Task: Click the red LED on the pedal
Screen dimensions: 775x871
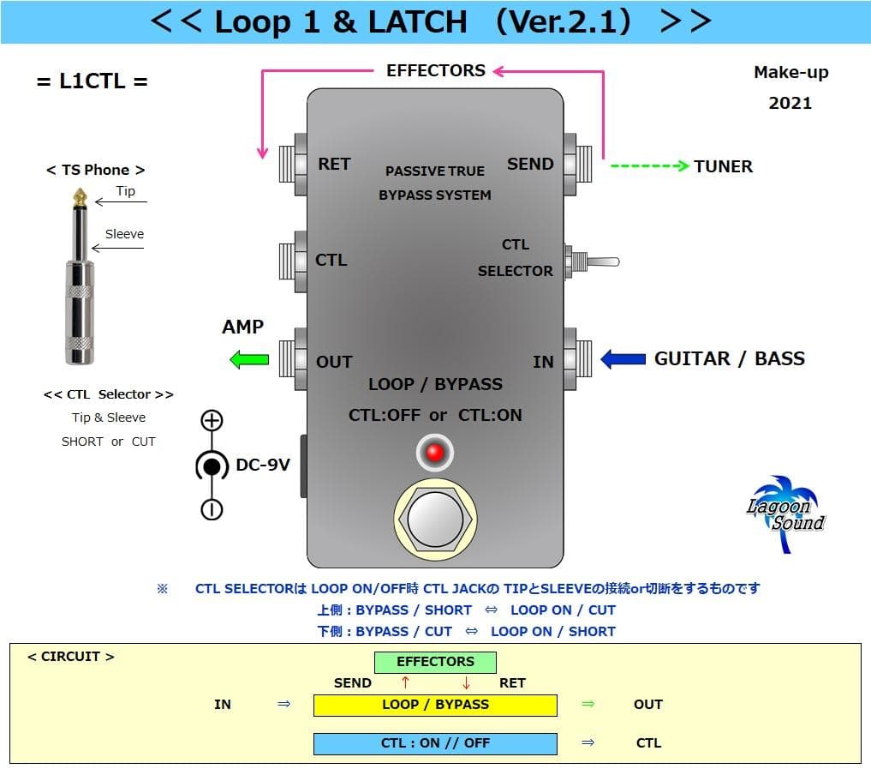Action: [435, 453]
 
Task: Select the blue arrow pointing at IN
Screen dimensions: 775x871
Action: [623, 358]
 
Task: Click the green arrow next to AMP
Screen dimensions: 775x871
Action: [249, 358]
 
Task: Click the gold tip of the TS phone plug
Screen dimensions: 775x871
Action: [80, 196]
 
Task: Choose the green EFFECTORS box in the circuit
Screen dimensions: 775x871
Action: [435, 662]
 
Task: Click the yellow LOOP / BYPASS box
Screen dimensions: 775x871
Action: [435, 705]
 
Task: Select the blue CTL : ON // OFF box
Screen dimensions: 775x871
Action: [435, 743]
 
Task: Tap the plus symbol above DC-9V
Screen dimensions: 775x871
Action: [212, 420]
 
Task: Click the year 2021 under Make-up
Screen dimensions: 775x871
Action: [790, 103]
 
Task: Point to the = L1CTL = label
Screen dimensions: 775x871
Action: [92, 81]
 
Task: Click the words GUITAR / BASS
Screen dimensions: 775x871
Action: [729, 358]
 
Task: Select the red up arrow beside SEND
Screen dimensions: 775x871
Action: [405, 683]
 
